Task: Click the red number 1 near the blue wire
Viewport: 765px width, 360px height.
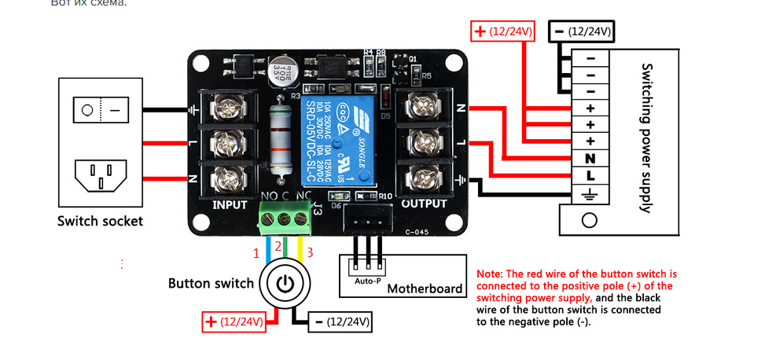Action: [256, 253]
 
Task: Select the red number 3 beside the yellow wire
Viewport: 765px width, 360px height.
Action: [311, 252]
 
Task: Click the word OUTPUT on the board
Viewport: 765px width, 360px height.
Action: [425, 204]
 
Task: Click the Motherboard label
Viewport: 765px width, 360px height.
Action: [425, 288]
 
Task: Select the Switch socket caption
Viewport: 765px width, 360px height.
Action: [100, 221]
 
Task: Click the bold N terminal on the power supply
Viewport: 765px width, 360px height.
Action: [589, 156]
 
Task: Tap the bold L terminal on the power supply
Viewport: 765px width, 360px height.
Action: [589, 173]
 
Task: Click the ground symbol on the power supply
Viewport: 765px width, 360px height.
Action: [589, 191]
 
